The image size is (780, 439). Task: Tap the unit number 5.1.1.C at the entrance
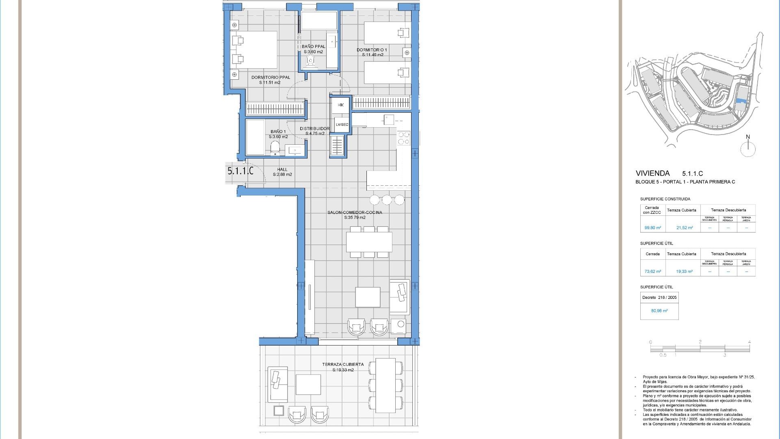240,171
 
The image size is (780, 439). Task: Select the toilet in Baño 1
275,148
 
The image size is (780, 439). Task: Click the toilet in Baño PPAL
311,61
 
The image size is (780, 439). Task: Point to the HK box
340,105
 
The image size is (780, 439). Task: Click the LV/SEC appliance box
342,124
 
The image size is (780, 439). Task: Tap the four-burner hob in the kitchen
403,138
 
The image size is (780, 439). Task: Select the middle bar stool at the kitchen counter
387,200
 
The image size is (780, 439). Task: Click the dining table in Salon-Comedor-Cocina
369,242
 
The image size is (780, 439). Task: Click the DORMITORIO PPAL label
271,77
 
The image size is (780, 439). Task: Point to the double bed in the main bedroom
254,50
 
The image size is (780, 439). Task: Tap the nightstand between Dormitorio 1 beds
407,52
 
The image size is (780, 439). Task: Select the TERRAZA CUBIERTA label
343,365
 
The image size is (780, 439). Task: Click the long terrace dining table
386,385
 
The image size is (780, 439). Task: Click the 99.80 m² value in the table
652,228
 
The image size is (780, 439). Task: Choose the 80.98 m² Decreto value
659,311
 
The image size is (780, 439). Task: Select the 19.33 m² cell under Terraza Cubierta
684,272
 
